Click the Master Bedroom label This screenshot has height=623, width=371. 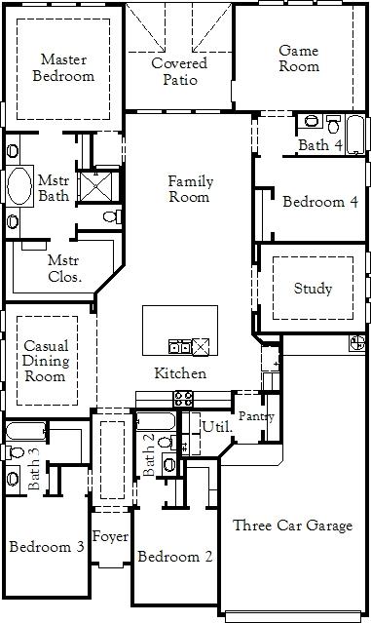tap(63, 67)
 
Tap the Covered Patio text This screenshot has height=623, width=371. tap(180, 71)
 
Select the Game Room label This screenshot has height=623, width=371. tap(299, 58)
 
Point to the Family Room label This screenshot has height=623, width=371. tap(191, 189)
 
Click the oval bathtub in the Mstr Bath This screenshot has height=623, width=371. tap(19, 186)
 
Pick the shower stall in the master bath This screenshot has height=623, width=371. tap(97, 186)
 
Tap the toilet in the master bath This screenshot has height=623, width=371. tap(112, 217)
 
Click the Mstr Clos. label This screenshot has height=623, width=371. tap(64, 268)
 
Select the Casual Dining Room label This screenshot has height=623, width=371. tap(45, 361)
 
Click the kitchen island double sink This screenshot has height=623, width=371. tap(180, 346)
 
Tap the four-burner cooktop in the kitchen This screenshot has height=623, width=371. tap(184, 399)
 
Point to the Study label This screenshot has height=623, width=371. tap(313, 289)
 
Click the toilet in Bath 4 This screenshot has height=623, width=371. tap(334, 124)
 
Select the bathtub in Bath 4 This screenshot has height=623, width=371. tap(355, 135)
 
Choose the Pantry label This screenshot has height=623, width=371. tap(256, 416)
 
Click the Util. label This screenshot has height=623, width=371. tap(216, 427)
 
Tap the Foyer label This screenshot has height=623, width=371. tap(110, 537)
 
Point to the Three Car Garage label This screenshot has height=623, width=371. tap(292, 526)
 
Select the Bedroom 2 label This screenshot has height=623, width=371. tap(175, 557)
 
